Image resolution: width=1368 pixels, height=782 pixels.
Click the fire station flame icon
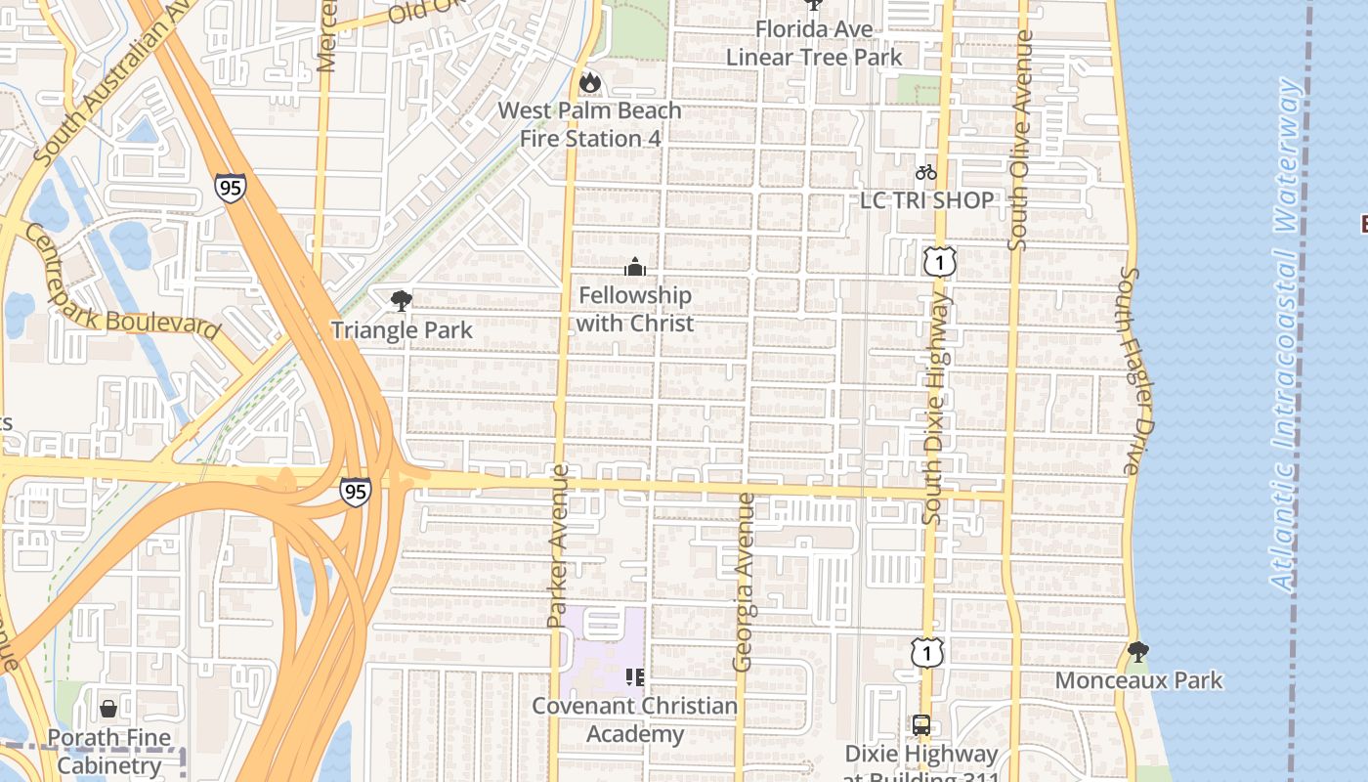coord(589,83)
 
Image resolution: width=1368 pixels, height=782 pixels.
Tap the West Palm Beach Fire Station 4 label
coord(589,125)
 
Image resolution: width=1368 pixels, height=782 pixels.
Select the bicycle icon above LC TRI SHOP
coord(926,173)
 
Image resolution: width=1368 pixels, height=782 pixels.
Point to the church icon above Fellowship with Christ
coord(635,267)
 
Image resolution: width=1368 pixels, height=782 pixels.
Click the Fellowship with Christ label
coord(635,309)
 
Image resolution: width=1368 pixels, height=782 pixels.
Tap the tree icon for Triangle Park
coord(401,301)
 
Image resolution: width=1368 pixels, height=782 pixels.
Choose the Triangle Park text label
coord(402,330)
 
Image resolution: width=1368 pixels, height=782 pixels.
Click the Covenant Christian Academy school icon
coord(635,676)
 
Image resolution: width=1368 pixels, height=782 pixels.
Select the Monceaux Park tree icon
coord(1137,651)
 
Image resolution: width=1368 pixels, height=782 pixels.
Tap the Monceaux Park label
coord(1138,680)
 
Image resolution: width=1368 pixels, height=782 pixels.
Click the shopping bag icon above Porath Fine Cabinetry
coord(108,708)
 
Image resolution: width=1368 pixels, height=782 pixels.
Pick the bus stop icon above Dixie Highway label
coord(920,725)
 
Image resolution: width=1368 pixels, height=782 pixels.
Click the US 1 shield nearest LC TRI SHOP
coord(939,261)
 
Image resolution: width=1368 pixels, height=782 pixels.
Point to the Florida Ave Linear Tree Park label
coord(814,44)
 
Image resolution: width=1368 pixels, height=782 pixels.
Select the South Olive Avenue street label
coord(1019,140)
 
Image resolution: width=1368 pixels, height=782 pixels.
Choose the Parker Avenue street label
coord(557,545)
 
